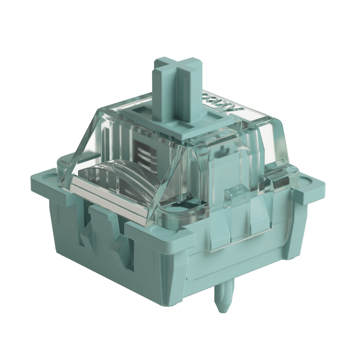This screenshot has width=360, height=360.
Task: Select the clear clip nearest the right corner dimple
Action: (x=280, y=183)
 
